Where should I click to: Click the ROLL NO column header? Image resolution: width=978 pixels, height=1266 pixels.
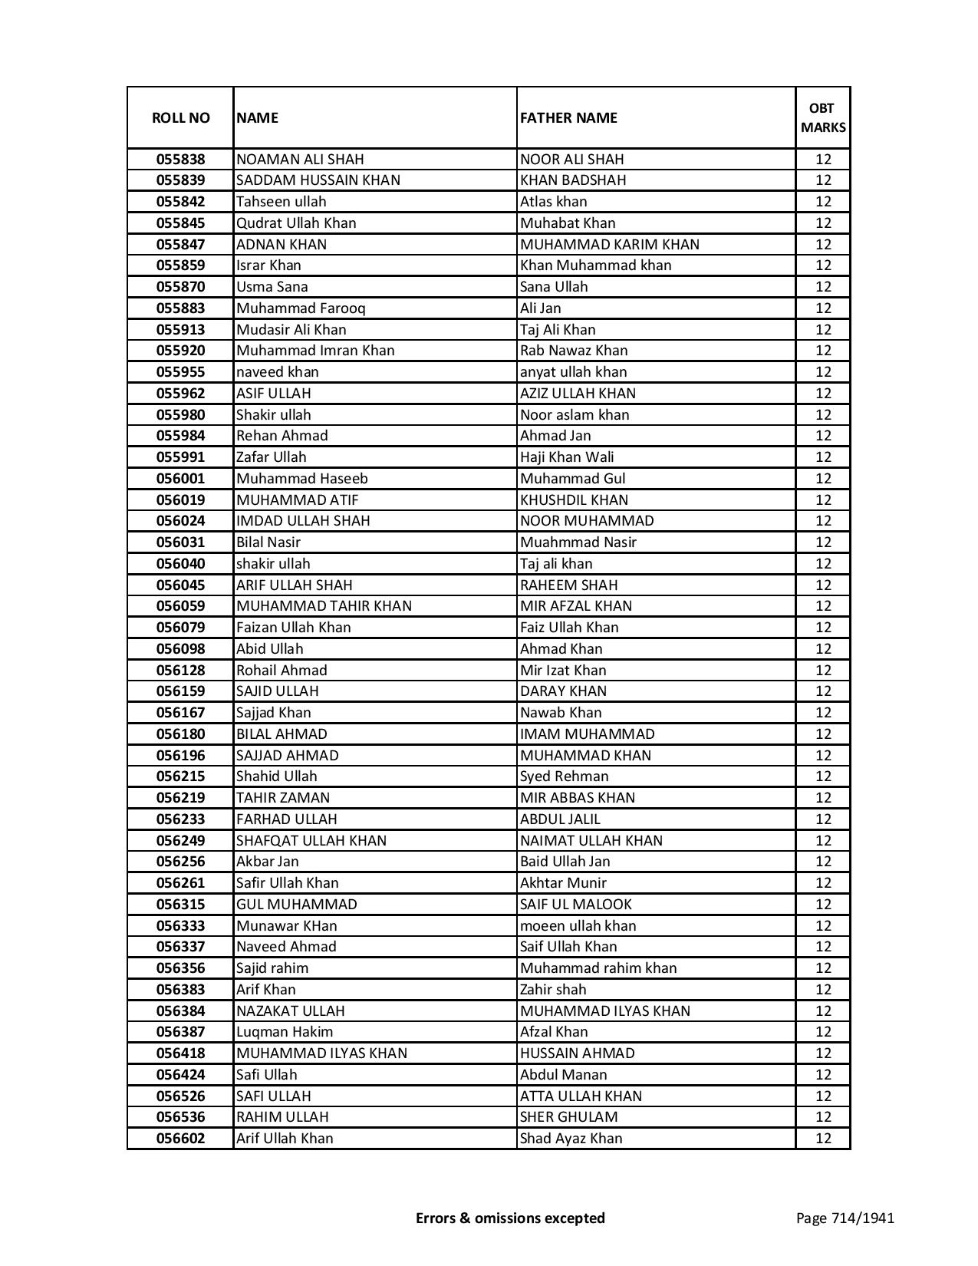click(x=180, y=117)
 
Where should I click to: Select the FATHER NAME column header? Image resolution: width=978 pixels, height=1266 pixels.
click(x=568, y=117)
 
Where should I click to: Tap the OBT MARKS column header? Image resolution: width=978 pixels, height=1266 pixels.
click(x=823, y=117)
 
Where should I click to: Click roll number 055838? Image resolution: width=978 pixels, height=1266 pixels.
click(x=180, y=160)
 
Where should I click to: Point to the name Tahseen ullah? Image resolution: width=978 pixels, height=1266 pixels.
click(x=281, y=202)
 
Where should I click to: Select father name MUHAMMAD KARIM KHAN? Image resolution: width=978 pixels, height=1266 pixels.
click(x=609, y=245)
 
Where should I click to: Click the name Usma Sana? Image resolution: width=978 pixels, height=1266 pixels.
click(x=272, y=287)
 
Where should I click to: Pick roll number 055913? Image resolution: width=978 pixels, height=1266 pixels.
click(x=180, y=330)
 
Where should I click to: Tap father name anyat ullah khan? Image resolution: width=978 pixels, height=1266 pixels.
click(x=573, y=372)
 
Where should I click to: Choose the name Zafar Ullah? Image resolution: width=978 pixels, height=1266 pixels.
click(x=271, y=457)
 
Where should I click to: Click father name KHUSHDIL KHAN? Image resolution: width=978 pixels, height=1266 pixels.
click(x=574, y=500)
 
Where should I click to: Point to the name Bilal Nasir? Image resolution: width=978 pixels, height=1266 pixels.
click(x=268, y=542)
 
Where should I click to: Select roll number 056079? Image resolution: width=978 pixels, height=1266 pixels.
click(x=180, y=628)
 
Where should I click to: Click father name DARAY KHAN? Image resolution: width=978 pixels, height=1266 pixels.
click(x=563, y=691)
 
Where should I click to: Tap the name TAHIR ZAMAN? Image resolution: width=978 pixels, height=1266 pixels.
click(x=282, y=798)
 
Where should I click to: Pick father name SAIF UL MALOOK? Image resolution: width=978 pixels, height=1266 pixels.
click(x=575, y=905)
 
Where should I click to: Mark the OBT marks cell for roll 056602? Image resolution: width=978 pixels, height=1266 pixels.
click(x=823, y=1139)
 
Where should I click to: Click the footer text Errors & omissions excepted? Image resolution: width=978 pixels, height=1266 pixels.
click(x=510, y=1218)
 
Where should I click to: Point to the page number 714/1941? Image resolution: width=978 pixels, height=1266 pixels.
click(x=845, y=1218)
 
